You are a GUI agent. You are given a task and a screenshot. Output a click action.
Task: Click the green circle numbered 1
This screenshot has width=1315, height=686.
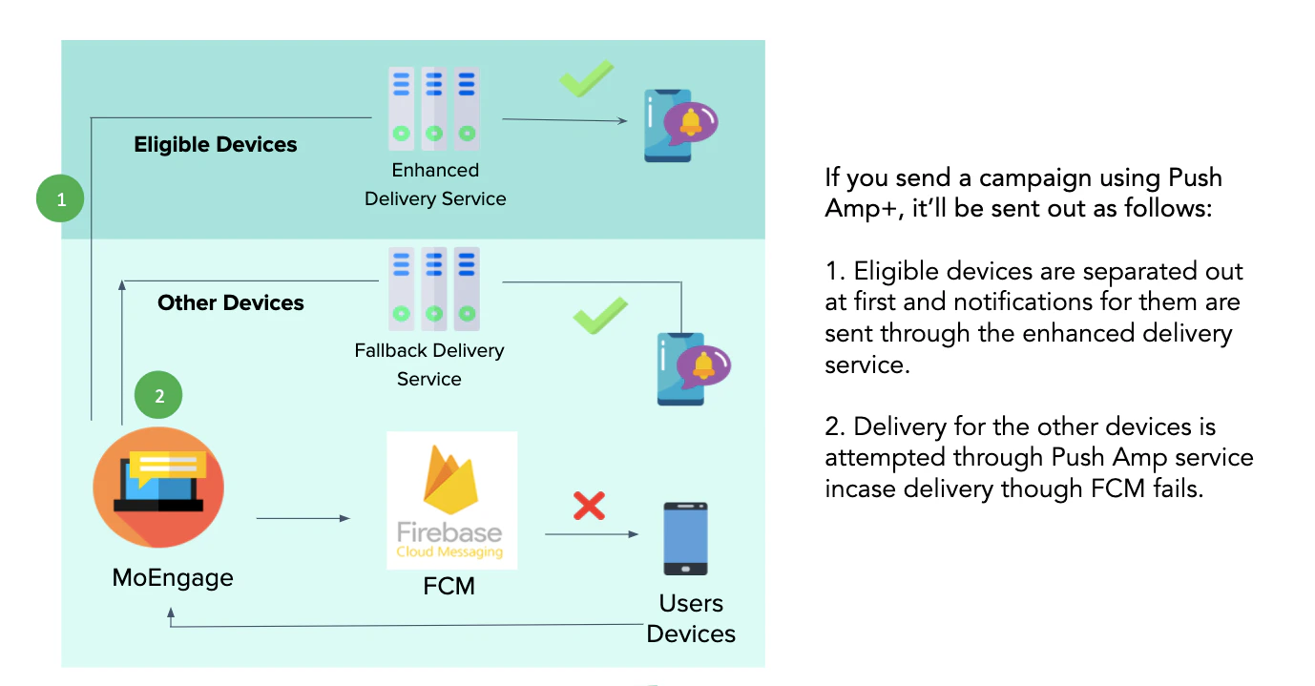pyautogui.click(x=61, y=199)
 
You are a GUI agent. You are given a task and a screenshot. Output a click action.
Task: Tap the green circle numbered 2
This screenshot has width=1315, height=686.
pyautogui.click(x=158, y=396)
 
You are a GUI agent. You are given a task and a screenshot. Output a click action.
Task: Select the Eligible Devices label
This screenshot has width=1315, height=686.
pyautogui.click(x=216, y=145)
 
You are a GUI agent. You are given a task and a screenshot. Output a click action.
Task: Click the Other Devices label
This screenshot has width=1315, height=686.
pyautogui.click(x=231, y=303)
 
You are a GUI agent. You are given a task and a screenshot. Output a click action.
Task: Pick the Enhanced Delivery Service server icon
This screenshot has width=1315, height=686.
pyautogui.click(x=433, y=107)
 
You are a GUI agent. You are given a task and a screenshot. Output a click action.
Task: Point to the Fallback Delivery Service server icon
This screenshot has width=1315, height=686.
pyautogui.click(x=433, y=284)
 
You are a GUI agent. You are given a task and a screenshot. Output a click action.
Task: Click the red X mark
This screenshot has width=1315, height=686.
pyautogui.click(x=589, y=505)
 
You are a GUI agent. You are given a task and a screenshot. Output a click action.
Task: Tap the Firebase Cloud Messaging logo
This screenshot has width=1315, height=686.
pyautogui.click(x=451, y=501)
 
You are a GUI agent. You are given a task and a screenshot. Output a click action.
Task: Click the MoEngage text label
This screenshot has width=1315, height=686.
pyautogui.click(x=173, y=577)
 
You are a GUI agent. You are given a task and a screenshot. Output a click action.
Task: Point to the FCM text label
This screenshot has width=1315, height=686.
pyautogui.click(x=449, y=585)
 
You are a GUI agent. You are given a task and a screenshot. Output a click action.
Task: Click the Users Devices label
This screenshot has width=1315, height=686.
pyautogui.click(x=691, y=618)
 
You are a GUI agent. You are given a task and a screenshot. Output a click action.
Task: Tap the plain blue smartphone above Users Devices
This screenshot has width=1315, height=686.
pyautogui.click(x=685, y=538)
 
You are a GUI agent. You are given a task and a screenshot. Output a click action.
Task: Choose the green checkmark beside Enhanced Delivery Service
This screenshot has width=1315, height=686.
pyautogui.click(x=586, y=79)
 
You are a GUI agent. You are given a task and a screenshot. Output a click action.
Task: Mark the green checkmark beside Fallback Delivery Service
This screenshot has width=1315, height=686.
pyautogui.click(x=600, y=316)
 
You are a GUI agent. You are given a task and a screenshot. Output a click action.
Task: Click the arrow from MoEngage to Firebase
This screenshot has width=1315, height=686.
pyautogui.click(x=303, y=518)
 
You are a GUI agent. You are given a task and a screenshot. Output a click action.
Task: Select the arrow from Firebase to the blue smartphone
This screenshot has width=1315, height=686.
pyautogui.click(x=592, y=534)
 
